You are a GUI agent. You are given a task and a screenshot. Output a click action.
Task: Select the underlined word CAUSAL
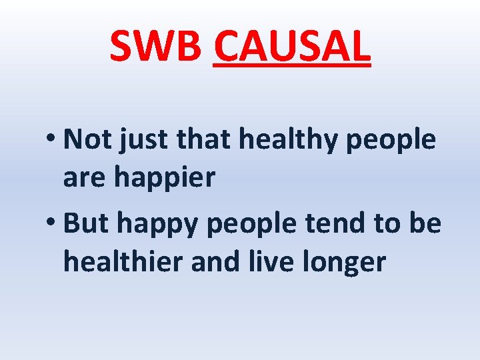(x=291, y=46)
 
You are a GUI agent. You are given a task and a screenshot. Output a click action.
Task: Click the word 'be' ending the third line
(x=425, y=225)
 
